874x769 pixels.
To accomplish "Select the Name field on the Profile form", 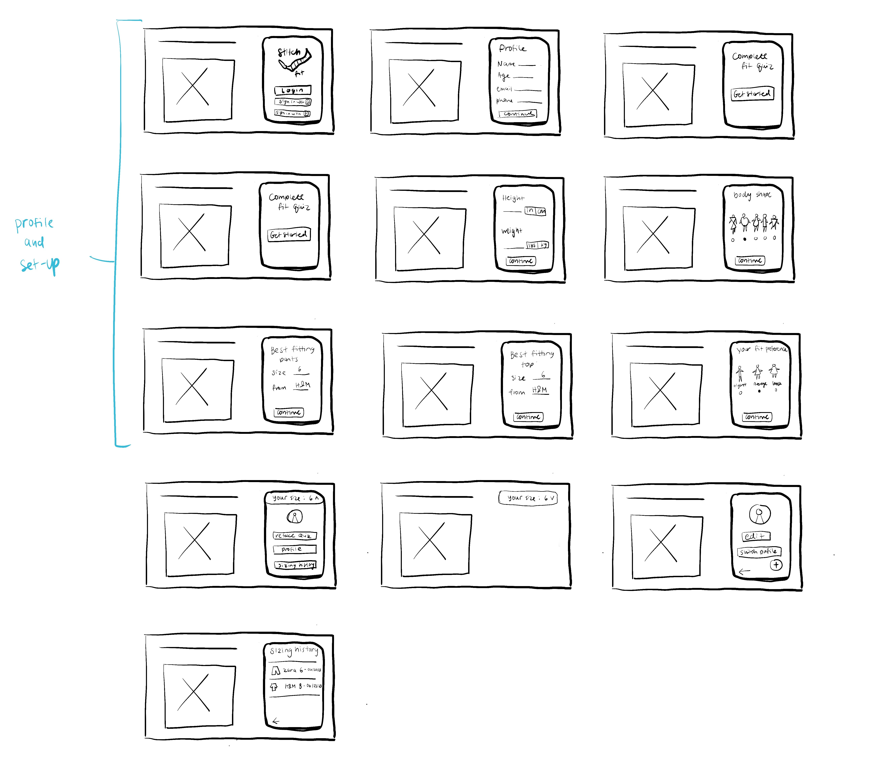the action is coord(527,65).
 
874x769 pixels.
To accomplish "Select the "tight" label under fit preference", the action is coord(740,386).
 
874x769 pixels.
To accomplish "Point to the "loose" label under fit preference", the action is coord(777,384).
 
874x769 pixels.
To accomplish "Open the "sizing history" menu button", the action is coord(295,565).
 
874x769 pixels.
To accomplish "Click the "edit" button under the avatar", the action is coord(755,536).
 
